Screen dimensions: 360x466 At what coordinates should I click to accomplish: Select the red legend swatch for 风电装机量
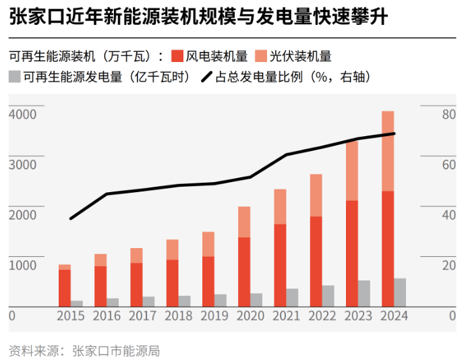(x=177, y=56)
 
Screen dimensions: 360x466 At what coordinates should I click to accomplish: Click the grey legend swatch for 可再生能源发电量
(x=14, y=76)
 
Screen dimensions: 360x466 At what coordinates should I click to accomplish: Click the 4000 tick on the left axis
(x=22, y=115)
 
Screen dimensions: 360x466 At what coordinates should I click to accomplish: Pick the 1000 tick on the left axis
(x=22, y=265)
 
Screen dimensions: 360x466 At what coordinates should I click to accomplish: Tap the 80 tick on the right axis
(x=449, y=115)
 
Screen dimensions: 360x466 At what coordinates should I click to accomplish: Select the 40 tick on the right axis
(x=449, y=215)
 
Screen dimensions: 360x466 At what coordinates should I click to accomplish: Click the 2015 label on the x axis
(x=71, y=316)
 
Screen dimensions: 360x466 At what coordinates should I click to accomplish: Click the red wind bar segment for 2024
(x=388, y=249)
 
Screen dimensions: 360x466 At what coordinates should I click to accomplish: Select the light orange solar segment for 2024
(x=388, y=151)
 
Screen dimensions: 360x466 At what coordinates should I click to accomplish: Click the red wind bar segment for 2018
(x=172, y=283)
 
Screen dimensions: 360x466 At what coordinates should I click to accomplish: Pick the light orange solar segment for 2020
(x=244, y=222)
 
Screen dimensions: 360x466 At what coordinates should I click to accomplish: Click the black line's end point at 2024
(x=394, y=133)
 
